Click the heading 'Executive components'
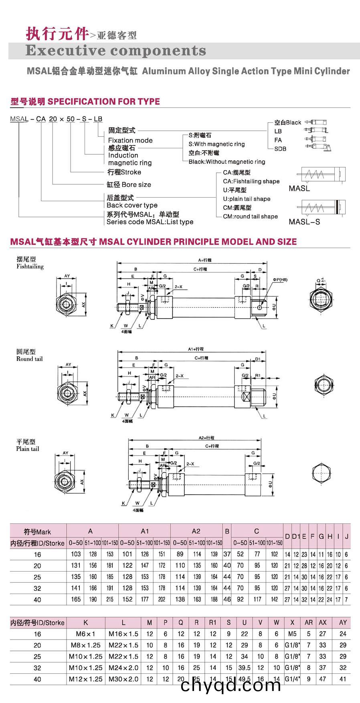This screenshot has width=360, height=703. pyautogui.click(x=115, y=51)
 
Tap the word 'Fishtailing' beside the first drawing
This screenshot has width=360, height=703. pyautogui.click(x=30, y=267)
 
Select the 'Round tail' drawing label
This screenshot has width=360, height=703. pyautogui.click(x=29, y=359)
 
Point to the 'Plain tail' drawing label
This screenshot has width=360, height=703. pyautogui.click(x=28, y=449)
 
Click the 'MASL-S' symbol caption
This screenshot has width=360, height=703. pyautogui.click(x=304, y=222)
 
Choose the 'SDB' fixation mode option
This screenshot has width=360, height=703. pyautogui.click(x=280, y=149)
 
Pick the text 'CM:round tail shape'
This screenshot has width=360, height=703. pyautogui.click(x=250, y=216)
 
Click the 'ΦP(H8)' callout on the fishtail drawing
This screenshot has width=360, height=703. pyautogui.click(x=280, y=280)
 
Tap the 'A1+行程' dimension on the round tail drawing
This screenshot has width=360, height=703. pyautogui.click(x=196, y=349)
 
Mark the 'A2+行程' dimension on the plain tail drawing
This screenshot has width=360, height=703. pyautogui.click(x=206, y=438)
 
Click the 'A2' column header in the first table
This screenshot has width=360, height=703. pyautogui.click(x=196, y=531)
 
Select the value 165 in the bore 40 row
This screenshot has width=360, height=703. pyautogui.click(x=76, y=599)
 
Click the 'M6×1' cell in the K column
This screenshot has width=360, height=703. pyautogui.click(x=85, y=634)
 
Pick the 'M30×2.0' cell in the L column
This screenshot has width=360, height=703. pyautogui.click(x=123, y=679)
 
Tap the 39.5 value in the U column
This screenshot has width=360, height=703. pyautogui.click(x=245, y=668)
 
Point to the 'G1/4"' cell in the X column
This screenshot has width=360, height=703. pyautogui.click(x=292, y=679)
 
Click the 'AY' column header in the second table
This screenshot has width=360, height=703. pyautogui.click(x=343, y=622)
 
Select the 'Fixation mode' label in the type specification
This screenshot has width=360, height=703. pyautogui.click(x=130, y=140)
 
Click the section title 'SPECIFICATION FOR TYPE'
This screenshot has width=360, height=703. pyautogui.click(x=104, y=102)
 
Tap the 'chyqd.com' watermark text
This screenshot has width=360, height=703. pyautogui.click(x=231, y=685)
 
